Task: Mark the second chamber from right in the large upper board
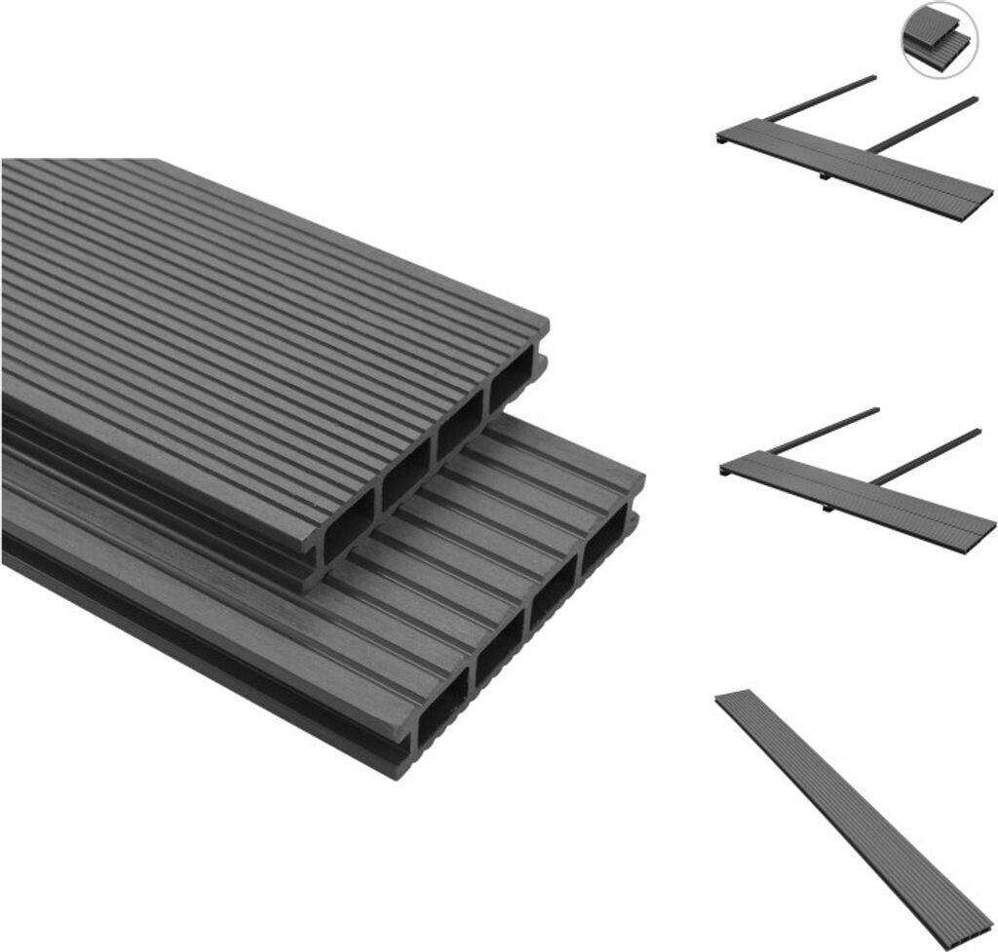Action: (458, 430)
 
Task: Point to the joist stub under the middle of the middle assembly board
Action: (826, 507)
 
